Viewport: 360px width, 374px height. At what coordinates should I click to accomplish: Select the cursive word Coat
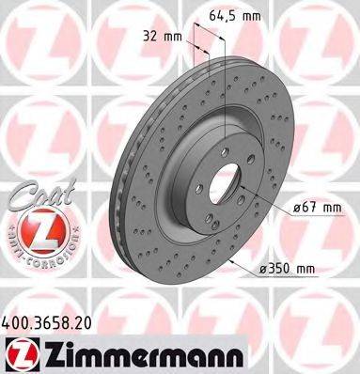pyautogui.click(x=29, y=195)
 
